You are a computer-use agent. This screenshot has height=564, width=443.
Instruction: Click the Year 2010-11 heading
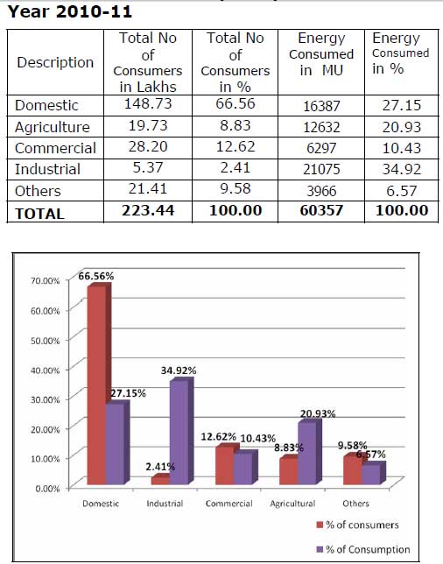coord(70,11)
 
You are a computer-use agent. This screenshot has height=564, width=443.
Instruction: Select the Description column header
coord(55,62)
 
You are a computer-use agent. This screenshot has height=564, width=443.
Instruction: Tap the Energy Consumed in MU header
coord(321,54)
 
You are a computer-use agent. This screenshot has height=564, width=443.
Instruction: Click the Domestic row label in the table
coord(46,105)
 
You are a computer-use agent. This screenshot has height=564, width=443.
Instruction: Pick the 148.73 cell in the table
coord(148,104)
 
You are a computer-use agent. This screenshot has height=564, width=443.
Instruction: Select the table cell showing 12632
coord(321,127)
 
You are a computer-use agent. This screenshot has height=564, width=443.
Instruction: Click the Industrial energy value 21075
coord(321,169)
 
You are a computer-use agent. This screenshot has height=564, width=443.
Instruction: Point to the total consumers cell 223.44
coord(148,210)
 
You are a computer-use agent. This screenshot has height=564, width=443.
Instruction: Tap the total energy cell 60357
coord(321,210)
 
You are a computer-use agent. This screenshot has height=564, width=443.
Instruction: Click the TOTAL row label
coord(39,214)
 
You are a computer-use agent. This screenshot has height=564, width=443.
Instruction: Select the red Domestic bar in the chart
coord(97,385)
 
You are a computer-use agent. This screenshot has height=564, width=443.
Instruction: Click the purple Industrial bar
coord(179,433)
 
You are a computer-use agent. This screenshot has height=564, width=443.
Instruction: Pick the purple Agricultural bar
coord(307,454)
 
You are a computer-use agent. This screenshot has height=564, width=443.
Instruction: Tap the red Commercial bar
coord(225,466)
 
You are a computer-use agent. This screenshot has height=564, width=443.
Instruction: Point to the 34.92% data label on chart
coord(179,370)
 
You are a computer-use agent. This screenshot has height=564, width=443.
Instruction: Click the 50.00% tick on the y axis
coord(45,341)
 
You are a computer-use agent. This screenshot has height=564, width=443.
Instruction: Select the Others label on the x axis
coord(355,504)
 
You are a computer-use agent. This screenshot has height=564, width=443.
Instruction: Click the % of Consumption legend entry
coord(363,549)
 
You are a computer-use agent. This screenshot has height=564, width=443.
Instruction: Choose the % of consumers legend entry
coord(357,525)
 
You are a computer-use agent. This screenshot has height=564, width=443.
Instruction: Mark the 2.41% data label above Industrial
coord(160,467)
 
